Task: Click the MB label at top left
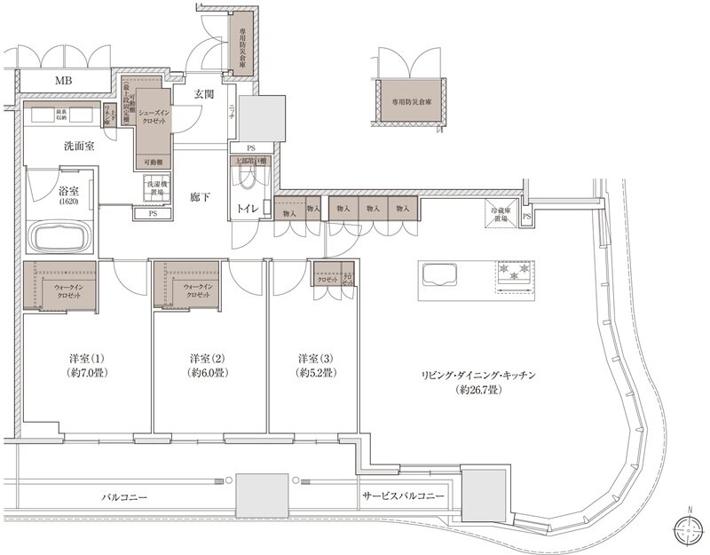coord(63,83)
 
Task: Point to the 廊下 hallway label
coord(200,196)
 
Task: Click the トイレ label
coord(248,209)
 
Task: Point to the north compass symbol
coord(688,530)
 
